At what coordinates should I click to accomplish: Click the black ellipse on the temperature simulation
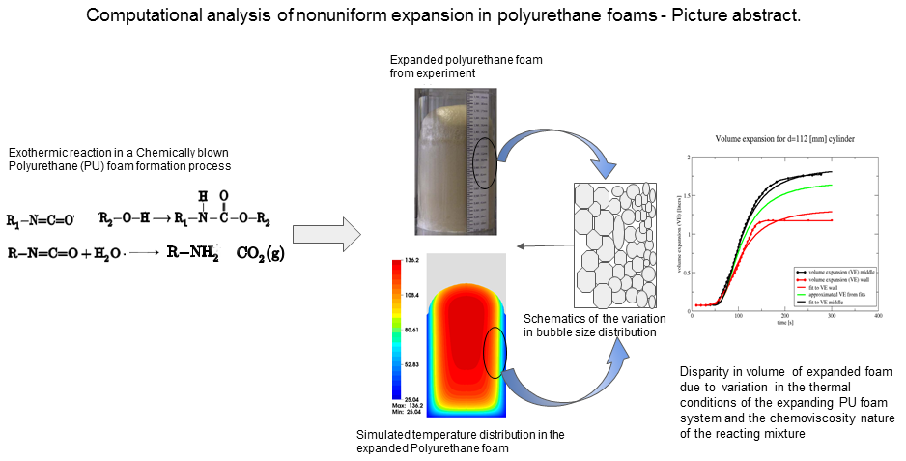tap(495, 352)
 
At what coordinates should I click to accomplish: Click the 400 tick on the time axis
tap(877, 316)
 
